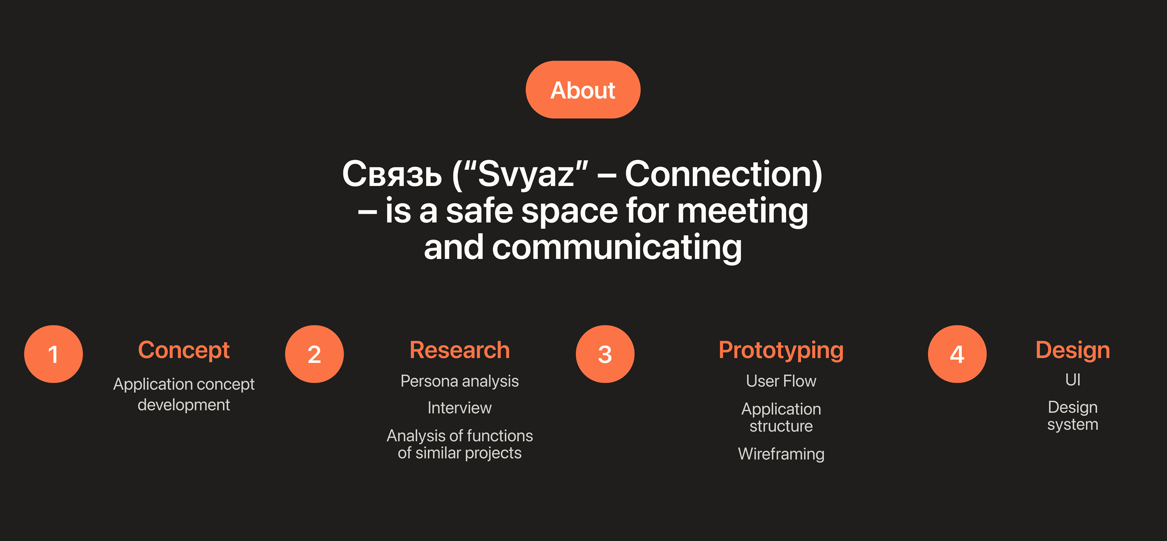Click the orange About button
pos(583,90)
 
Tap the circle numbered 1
pos(54,354)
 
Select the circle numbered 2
pos(314,354)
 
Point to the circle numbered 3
pos(605,354)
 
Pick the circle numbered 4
pos(957,354)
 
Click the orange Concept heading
pos(184,350)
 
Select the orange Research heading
pos(460,350)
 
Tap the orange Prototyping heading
pos(782,351)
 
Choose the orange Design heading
pos(1073,351)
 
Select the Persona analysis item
pos(460,381)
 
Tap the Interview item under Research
pos(460,408)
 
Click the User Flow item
pos(782,381)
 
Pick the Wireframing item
pos(782,454)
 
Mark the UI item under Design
pos(1073,380)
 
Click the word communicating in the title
pos(617,248)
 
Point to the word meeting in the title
pos(743,211)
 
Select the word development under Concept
pos(184,405)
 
